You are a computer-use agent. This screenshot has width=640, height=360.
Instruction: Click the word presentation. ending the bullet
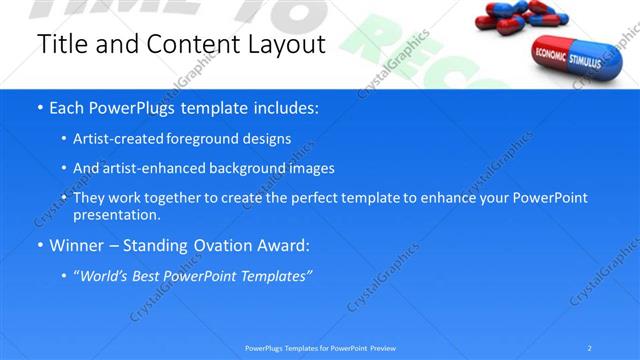[x=117, y=215]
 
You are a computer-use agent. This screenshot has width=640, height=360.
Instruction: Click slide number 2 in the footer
[x=590, y=348]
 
